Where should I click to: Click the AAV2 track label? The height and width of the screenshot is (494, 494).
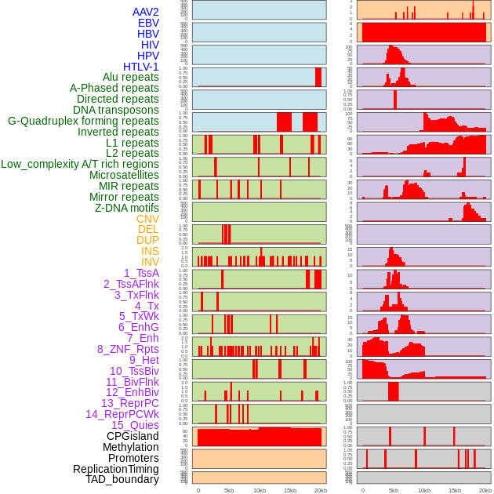point(145,12)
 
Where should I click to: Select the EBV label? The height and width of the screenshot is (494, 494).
point(147,23)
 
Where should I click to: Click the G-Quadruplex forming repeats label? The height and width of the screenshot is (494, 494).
point(83,121)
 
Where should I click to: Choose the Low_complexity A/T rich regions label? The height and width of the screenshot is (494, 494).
point(79,164)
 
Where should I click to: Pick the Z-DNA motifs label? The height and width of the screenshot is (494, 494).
point(126,208)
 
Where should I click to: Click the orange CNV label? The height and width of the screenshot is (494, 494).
point(147,219)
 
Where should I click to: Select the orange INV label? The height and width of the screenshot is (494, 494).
point(150,262)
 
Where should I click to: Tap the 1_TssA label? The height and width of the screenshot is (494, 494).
point(141,273)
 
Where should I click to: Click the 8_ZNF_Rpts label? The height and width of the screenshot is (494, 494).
point(128,349)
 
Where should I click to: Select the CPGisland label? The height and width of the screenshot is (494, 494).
point(133,436)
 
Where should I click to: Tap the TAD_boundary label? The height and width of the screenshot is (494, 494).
point(122,479)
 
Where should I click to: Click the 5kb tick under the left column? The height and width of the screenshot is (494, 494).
point(229,490)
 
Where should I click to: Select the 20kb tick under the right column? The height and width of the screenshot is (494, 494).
point(485,490)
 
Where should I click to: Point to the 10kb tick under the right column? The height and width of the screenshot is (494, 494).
point(424,490)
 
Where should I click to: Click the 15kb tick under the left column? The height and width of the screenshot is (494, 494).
point(290,490)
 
